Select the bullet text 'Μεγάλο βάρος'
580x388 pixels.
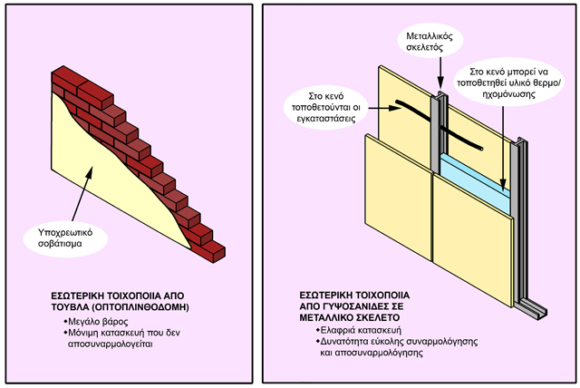(x=94, y=322)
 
